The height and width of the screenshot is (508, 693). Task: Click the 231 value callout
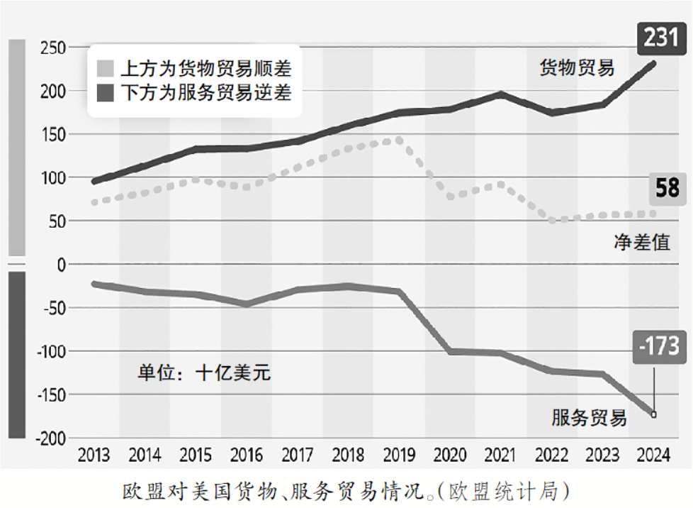click(660, 36)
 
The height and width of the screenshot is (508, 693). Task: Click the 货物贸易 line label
click(577, 68)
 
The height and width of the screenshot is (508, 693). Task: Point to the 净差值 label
click(641, 241)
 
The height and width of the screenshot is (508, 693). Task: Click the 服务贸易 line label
click(589, 417)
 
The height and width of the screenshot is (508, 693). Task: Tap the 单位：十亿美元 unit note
click(204, 372)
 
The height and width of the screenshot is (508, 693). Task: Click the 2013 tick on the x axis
click(94, 455)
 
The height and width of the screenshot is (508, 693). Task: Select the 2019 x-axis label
click(399, 455)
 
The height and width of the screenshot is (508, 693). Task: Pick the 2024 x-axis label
click(653, 455)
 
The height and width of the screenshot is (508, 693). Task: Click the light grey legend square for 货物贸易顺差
click(105, 69)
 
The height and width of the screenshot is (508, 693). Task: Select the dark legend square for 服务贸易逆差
click(105, 92)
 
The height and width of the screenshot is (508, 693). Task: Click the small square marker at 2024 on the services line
click(653, 414)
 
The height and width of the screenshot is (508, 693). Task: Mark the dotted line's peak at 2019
click(399, 140)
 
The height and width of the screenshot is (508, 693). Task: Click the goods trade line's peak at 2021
click(500, 94)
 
